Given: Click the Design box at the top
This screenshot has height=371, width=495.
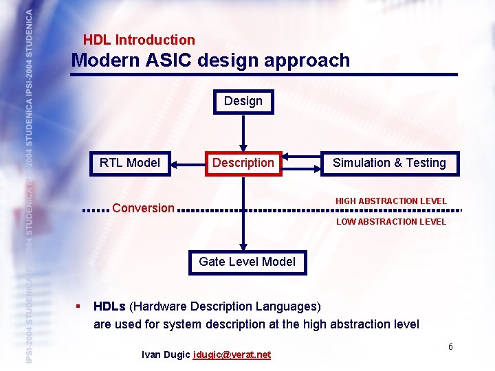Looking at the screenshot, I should tap(243, 102).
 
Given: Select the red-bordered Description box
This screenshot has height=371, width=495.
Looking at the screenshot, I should tap(243, 164).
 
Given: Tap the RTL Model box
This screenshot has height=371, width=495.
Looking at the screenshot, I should tap(130, 164).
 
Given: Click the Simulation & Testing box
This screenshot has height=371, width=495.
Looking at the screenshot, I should tap(389, 164).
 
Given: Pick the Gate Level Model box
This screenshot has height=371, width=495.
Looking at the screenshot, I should tap(247, 262).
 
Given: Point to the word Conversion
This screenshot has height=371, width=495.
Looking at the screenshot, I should tap(143, 208).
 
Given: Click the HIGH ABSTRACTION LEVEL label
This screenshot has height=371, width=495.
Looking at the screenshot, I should tap(390, 201).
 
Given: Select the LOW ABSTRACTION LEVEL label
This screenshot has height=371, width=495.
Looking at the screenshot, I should tap(390, 222).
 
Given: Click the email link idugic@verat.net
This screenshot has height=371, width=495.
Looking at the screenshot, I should tap(232, 355).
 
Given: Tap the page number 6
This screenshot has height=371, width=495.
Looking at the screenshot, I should tap(450, 346).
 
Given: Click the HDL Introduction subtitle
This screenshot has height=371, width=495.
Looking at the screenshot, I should tap(139, 41).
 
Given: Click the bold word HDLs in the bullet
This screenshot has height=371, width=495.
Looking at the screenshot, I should tap(109, 306).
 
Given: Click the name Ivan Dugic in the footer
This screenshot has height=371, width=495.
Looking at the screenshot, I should tap(166, 355).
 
